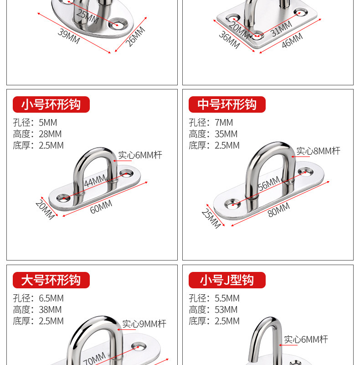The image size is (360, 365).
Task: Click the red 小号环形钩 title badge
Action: click(51, 104)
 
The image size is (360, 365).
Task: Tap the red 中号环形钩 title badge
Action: click(227, 104)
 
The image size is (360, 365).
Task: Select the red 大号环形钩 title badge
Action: click(51, 280)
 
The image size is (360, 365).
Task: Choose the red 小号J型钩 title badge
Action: click(227, 280)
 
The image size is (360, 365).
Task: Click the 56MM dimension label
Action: click(269, 184)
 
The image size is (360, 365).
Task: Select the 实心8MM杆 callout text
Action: click(318, 151)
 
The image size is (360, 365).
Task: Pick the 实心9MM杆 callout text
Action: click(144, 324)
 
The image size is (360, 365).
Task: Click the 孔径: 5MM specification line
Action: click(35, 123)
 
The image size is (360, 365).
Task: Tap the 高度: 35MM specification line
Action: click(213, 134)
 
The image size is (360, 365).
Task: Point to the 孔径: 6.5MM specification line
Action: click(38, 298)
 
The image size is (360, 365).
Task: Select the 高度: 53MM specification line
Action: click(213, 310)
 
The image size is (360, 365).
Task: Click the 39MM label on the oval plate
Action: click(69, 36)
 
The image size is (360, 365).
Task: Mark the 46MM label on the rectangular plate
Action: click(292, 40)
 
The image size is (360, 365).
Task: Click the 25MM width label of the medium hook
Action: click(211, 219)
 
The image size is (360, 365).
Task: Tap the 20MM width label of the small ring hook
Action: click(45, 210)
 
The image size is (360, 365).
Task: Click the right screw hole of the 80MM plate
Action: click(305, 172)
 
